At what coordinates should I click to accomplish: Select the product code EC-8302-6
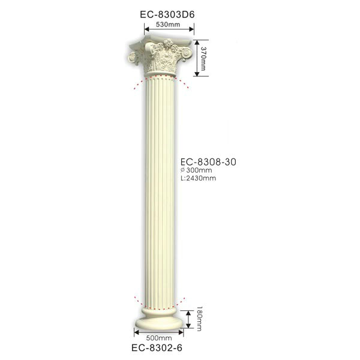click(x=157, y=347)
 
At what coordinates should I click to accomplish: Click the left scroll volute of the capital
click(x=132, y=58)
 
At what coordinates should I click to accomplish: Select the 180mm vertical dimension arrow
click(x=190, y=319)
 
